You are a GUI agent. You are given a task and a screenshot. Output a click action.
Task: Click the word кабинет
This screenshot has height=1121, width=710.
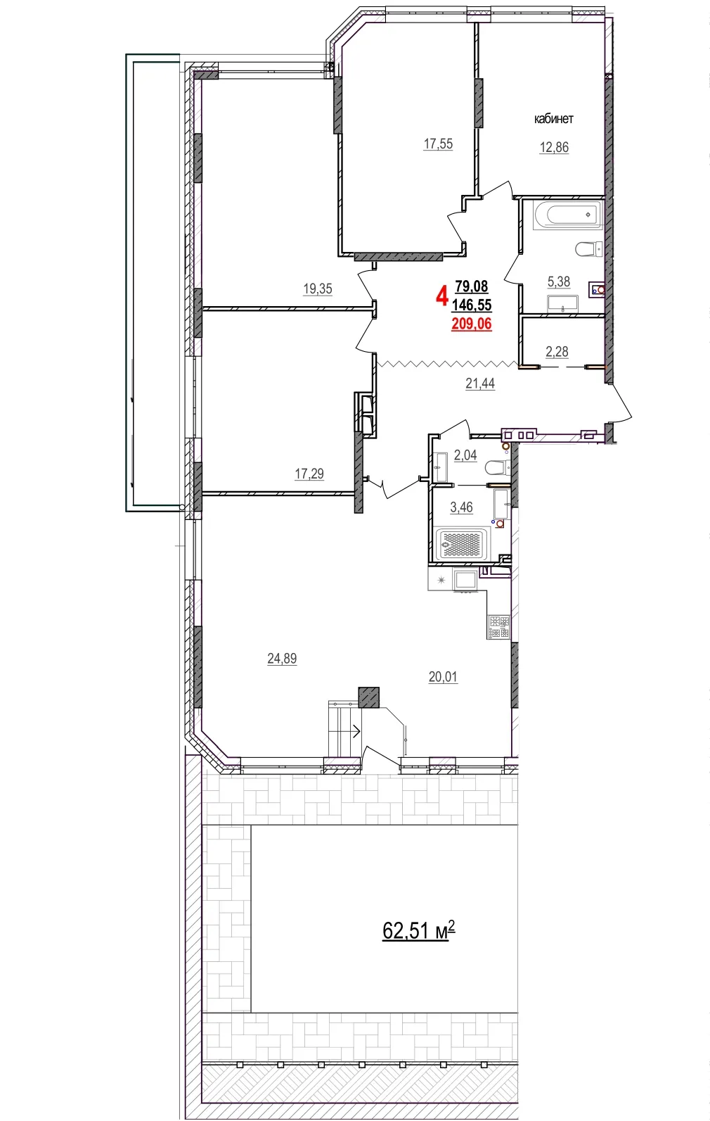click(553, 119)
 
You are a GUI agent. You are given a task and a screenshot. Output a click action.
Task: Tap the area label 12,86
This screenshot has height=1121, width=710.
click(553, 147)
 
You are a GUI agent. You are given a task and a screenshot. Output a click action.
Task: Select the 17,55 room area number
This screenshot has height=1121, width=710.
click(437, 144)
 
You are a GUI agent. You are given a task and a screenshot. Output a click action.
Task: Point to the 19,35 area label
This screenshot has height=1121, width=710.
click(317, 289)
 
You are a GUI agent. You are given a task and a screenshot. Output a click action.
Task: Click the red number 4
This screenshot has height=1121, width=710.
click(441, 296)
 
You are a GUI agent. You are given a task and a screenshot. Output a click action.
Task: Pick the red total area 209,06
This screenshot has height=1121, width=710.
click(471, 324)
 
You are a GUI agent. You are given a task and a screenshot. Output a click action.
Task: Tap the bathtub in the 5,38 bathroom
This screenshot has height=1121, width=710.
click(567, 214)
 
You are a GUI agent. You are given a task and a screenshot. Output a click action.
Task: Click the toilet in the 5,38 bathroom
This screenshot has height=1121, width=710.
click(588, 248)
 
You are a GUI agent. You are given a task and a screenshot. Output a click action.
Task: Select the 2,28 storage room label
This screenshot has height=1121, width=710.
click(557, 351)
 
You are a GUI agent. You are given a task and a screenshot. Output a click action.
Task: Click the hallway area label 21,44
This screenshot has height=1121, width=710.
click(479, 384)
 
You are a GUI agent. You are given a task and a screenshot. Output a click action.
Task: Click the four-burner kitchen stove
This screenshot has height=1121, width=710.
click(498, 627)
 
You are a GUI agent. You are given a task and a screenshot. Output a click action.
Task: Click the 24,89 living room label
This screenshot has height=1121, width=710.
click(281, 659)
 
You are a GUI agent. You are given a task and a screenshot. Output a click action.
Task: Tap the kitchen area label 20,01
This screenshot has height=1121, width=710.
click(442, 677)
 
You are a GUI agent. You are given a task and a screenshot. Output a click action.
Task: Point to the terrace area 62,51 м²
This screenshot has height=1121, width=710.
click(418, 930)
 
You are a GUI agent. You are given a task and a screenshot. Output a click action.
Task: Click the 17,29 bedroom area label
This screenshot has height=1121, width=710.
click(309, 474)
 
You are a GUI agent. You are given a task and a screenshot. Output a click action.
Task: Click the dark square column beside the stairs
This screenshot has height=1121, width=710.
click(368, 697)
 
